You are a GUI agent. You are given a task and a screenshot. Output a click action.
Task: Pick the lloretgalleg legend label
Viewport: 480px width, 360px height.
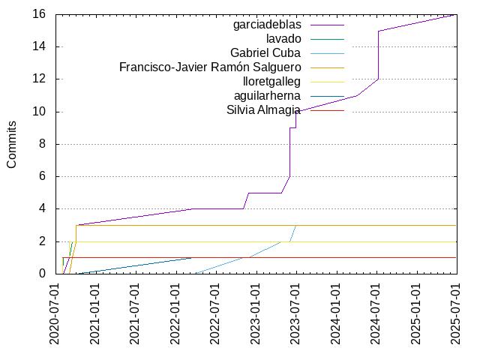[x=272, y=82]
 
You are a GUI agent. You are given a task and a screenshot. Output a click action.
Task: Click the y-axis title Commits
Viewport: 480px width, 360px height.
[x=12, y=144]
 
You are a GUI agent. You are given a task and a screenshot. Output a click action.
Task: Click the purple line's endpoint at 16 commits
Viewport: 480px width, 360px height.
[x=456, y=14]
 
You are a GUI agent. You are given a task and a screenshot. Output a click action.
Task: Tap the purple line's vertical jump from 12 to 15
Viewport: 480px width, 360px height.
[x=378, y=55]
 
